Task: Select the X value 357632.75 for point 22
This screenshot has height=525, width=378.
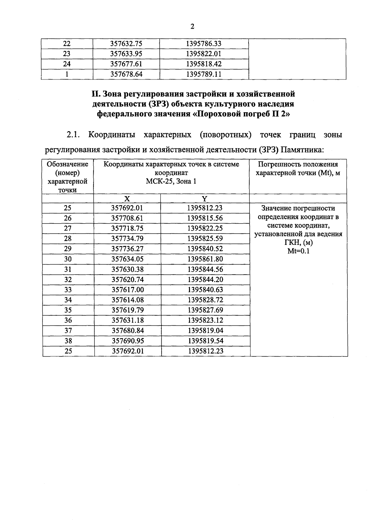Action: pyautogui.click(x=126, y=44)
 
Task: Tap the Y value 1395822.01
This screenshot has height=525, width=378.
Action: pyautogui.click(x=204, y=54)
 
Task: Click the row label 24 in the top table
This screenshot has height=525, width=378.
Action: pyautogui.click(x=67, y=64)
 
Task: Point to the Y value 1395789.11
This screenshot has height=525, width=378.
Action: pyautogui.click(x=204, y=74)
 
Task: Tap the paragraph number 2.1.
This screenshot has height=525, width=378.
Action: pyautogui.click(x=73, y=135)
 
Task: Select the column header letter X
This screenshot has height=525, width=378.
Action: pyautogui.click(x=127, y=199)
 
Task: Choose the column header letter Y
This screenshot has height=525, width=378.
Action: pyautogui.click(x=205, y=199)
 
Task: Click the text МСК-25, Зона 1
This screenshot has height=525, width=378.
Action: pyautogui.click(x=171, y=182)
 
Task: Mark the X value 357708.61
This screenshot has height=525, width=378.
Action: pyautogui.click(x=127, y=218)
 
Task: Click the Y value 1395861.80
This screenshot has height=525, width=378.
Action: pyautogui.click(x=205, y=259)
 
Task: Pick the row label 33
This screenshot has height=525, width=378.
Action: pyautogui.click(x=68, y=290)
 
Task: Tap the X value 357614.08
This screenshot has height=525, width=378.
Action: pyautogui.click(x=128, y=300)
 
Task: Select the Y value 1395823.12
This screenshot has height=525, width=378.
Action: pyautogui.click(x=205, y=320)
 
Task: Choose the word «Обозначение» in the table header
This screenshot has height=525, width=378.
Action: pyautogui.click(x=67, y=164)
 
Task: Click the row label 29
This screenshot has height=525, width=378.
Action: pyautogui.click(x=68, y=249)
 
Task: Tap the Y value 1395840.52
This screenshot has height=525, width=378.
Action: pyautogui.click(x=205, y=249)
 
